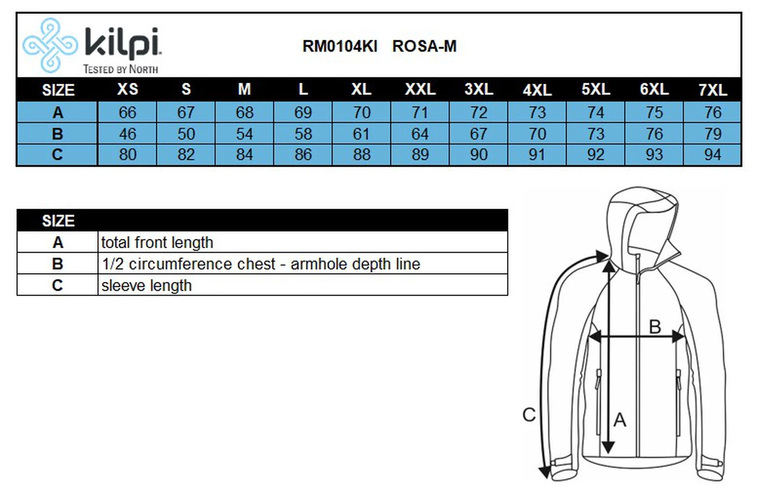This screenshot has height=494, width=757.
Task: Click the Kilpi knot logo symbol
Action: pyautogui.click(x=49, y=45)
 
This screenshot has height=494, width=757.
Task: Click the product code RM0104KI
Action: pyautogui.click(x=339, y=47)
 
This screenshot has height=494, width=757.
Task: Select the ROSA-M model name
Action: pyautogui.click(x=424, y=47)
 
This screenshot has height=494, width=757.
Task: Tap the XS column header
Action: pyautogui.click(x=128, y=90)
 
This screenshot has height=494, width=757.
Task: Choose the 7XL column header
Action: pyautogui.click(x=713, y=90)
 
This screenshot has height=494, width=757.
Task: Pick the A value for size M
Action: pyautogui.click(x=245, y=112)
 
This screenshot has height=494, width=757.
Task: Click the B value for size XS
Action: pyautogui.click(x=128, y=134)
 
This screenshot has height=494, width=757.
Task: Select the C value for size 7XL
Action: pyautogui.click(x=713, y=155)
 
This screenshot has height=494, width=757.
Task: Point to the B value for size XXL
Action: pyautogui.click(x=420, y=134)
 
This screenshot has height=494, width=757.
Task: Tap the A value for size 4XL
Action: pyautogui.click(x=537, y=112)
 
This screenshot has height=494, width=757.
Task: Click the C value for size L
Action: pyautogui.click(x=303, y=155)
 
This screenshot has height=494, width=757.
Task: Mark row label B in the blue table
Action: pyautogui.click(x=57, y=134)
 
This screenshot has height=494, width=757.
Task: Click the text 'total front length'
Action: pyautogui.click(x=157, y=242)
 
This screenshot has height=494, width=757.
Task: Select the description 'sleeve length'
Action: pyautogui.click(x=146, y=285)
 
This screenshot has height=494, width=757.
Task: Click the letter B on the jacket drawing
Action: pyautogui.click(x=655, y=327)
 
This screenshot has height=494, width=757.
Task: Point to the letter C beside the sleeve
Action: pyautogui.click(x=529, y=415)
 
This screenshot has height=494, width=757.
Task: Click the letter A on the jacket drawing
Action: pyautogui.click(x=620, y=419)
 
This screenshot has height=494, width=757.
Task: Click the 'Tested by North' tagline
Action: pyautogui.click(x=121, y=69)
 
